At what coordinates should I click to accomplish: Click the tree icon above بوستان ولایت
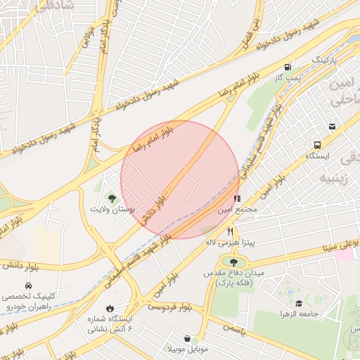(112, 199)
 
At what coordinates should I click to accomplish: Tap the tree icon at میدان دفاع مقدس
(233, 262)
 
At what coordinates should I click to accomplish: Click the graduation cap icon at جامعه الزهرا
(300, 304)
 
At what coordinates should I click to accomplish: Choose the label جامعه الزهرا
(300, 314)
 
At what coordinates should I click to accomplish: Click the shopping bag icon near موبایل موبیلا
(186, 338)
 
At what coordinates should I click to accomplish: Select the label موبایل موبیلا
(188, 349)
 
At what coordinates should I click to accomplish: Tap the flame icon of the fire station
(110, 308)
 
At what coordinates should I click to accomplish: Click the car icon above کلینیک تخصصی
(27, 286)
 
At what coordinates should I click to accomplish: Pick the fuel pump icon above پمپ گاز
(287, 67)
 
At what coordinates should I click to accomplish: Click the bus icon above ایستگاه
(318, 144)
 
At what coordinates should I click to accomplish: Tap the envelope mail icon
(332, 127)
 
